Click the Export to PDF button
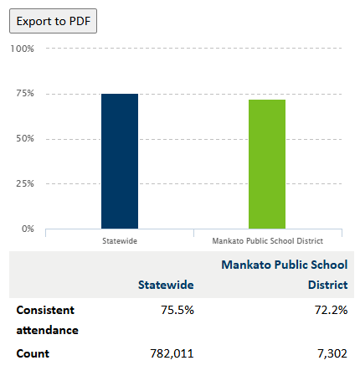(x=53, y=21)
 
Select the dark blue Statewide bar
(x=120, y=162)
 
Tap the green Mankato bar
(x=267, y=164)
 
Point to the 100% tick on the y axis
(x=23, y=49)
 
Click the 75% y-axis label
(x=25, y=93)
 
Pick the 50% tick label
(x=25, y=138)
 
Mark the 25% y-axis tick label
(x=25, y=183)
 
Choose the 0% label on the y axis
(x=28, y=229)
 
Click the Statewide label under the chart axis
(x=120, y=241)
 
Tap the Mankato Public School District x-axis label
(x=268, y=241)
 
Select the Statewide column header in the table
(x=166, y=285)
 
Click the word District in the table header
(x=328, y=285)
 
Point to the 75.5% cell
(x=177, y=310)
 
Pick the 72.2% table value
(x=332, y=310)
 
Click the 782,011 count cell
(x=172, y=353)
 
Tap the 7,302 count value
(x=332, y=353)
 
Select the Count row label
(x=33, y=353)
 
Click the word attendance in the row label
(x=48, y=331)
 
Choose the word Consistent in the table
(x=45, y=310)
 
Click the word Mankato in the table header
(x=246, y=265)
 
